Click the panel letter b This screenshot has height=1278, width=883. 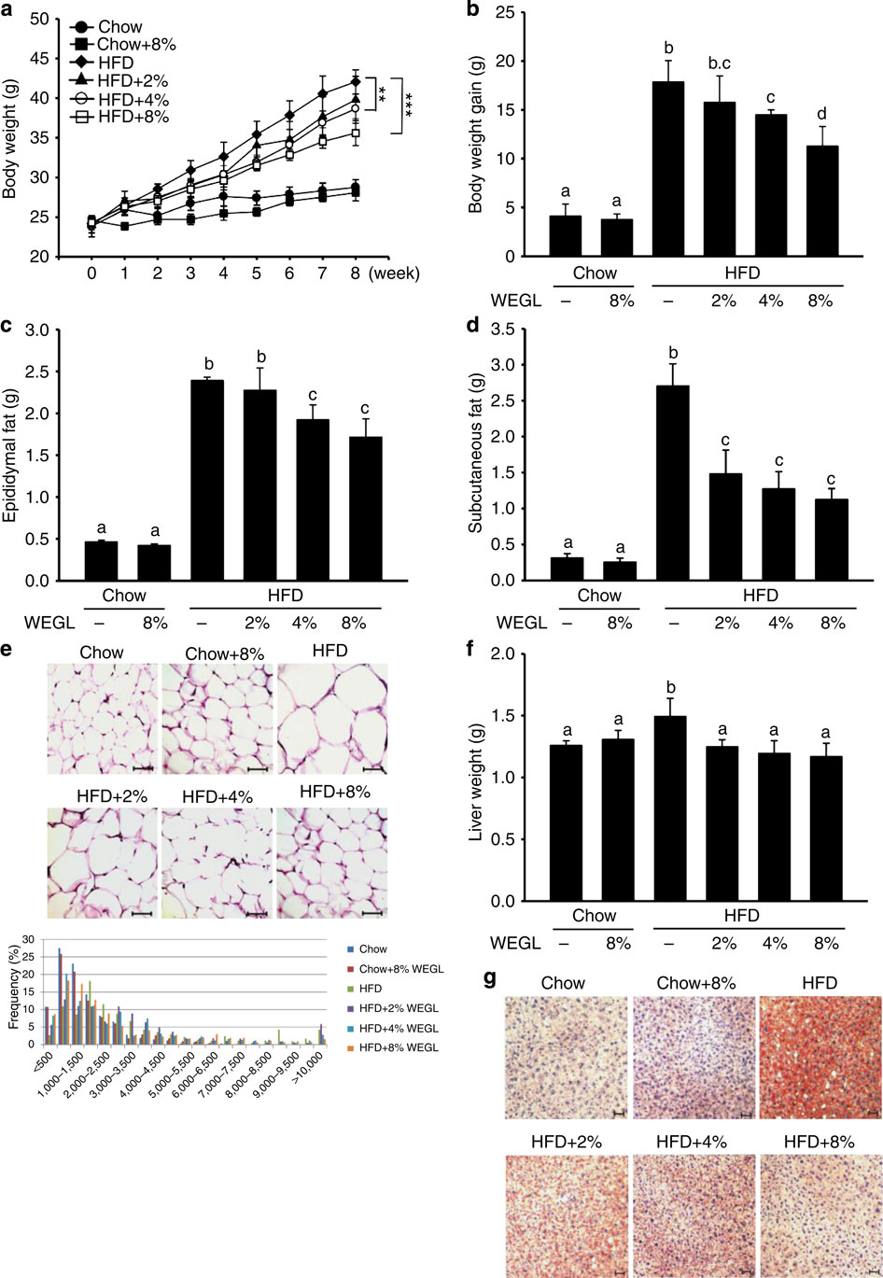point(474,11)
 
